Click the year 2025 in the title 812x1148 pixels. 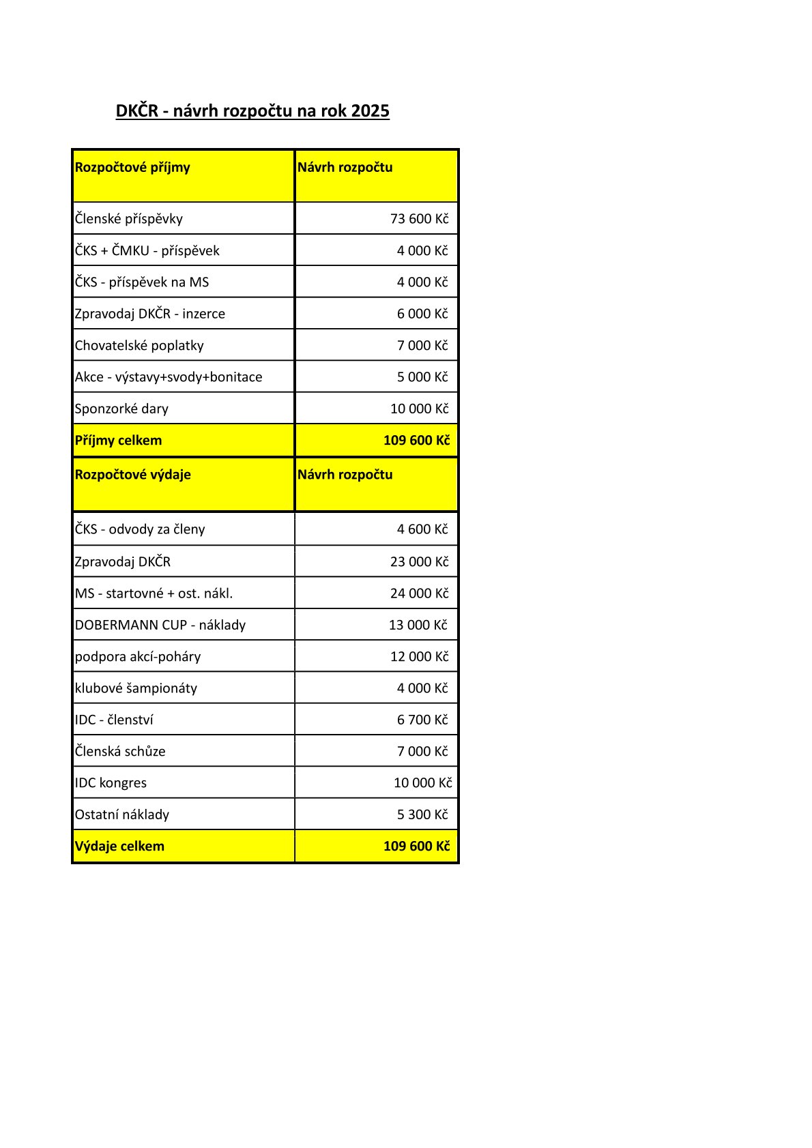370,111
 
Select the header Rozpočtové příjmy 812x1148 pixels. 132,168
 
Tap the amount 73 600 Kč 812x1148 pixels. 419,219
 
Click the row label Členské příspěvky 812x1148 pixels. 129,219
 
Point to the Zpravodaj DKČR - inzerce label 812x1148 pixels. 150,314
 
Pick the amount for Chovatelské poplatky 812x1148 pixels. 422,346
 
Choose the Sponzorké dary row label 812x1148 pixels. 121,409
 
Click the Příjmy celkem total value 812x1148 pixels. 416,441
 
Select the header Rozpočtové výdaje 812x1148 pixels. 133,475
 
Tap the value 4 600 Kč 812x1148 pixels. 422,529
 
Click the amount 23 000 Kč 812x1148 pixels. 419,562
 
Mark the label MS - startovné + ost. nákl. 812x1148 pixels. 154,593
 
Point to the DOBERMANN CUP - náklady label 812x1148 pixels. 160,625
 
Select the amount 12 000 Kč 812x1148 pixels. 419,657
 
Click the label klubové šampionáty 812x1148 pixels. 136,688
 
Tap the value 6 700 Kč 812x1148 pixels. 422,720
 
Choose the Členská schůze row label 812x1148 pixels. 120,752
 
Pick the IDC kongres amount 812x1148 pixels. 422,783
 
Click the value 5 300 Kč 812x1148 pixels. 422,815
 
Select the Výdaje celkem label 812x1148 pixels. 120,847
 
